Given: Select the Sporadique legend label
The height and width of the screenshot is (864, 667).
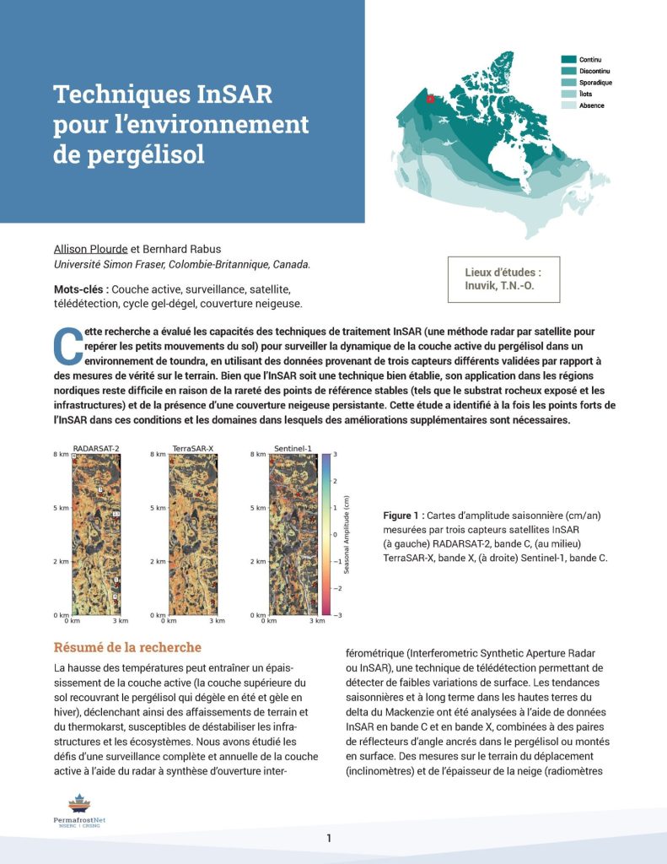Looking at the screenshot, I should click(595, 83).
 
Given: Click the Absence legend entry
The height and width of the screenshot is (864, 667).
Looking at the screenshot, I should click(592, 105).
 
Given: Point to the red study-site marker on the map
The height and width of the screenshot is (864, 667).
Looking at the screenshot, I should click(430, 99).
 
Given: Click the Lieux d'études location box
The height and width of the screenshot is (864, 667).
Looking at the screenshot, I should click(503, 279).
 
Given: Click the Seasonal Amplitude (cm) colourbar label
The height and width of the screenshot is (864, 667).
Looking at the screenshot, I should click(347, 534).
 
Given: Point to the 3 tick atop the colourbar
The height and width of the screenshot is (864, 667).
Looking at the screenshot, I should click(336, 454).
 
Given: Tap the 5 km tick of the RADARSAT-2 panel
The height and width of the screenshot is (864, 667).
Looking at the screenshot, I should click(61, 508).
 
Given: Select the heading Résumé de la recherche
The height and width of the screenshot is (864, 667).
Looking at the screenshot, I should click(127, 648).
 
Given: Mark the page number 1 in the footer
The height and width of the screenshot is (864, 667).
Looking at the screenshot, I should click(329, 838).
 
